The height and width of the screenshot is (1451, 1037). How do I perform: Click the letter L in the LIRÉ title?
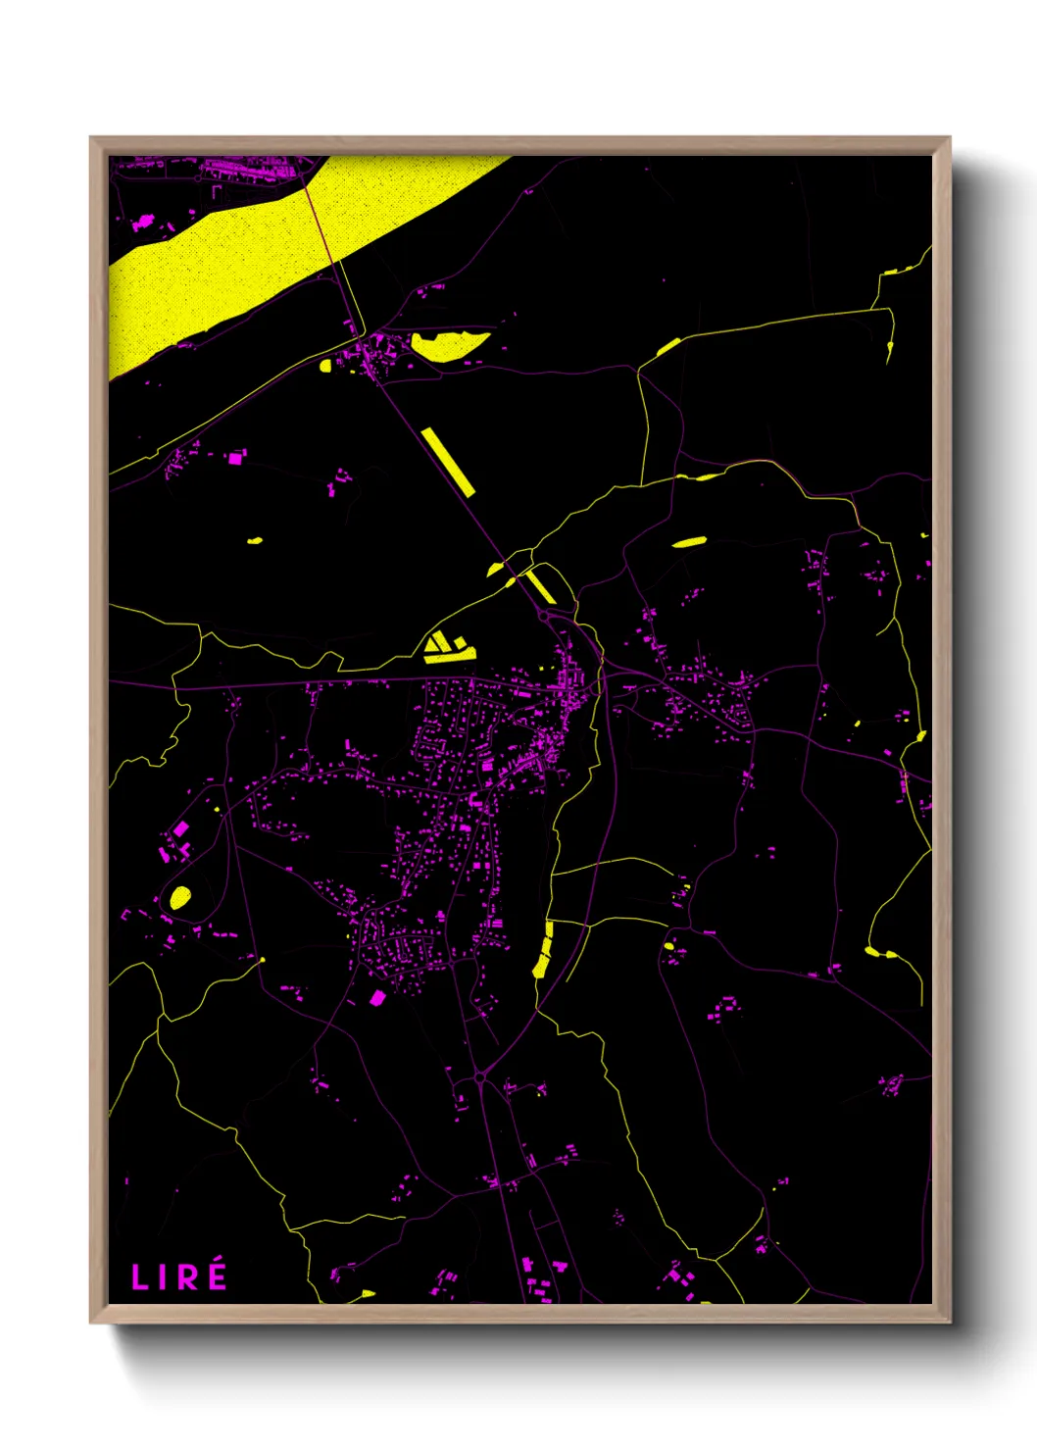(x=139, y=1277)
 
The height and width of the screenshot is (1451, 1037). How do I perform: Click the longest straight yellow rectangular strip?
(x=448, y=461)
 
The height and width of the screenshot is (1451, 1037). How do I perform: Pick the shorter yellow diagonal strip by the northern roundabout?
(x=540, y=585)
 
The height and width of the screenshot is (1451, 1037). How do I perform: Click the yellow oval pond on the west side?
(x=180, y=897)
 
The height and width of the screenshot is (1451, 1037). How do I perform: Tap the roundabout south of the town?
(x=479, y=1077)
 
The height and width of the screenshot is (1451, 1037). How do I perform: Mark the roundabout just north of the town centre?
(x=543, y=617)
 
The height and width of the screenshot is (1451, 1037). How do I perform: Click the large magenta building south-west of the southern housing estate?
(x=377, y=998)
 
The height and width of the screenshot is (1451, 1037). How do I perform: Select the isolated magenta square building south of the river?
(x=235, y=457)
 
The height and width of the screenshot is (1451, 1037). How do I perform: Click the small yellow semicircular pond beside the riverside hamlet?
(x=325, y=366)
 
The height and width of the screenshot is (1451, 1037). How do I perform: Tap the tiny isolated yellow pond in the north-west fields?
(x=255, y=540)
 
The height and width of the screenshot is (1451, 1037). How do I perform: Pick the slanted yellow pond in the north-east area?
(x=689, y=541)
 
